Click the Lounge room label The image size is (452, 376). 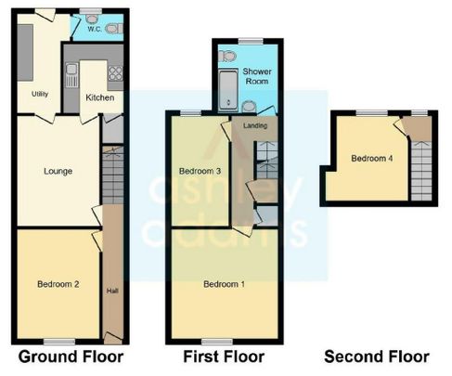(58, 171)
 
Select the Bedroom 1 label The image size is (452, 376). (223, 284)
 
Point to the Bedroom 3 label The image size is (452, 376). (199, 171)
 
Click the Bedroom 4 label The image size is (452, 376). (371, 159)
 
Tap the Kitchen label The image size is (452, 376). (99, 97)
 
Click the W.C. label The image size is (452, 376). (95, 29)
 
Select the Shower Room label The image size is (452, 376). (256, 76)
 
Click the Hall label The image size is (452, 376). (112, 290)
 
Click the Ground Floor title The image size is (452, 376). (71, 357)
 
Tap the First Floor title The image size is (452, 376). (224, 357)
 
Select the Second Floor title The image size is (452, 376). (377, 357)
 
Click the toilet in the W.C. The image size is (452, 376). (112, 29)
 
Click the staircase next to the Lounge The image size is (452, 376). (111, 176)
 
